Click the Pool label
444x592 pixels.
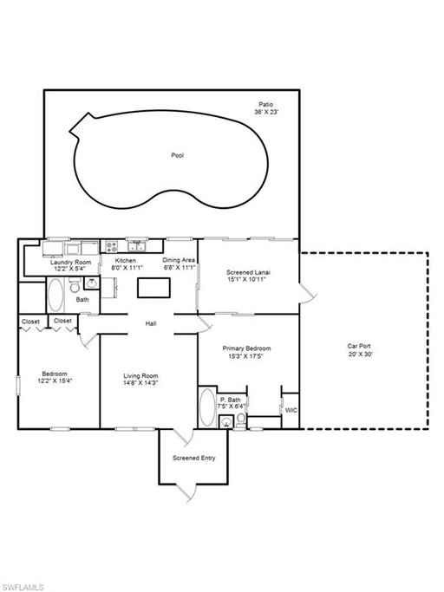tap(177, 155)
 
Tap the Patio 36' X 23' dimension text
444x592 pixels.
tap(266, 112)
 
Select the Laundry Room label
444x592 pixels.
tap(70, 262)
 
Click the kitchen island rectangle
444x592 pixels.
tap(153, 288)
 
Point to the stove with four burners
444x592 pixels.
tap(111, 247)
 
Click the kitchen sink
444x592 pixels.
tap(137, 246)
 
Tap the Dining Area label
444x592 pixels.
tap(179, 260)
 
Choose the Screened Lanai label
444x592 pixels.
tap(248, 272)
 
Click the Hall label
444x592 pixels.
tap(151, 323)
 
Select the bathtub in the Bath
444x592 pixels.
tap(55, 295)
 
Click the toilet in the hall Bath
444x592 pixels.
tap(75, 285)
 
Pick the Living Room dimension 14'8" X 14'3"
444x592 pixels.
tap(140, 382)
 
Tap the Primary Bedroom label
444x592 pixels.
tap(246, 348)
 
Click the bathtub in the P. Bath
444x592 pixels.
tap(207, 407)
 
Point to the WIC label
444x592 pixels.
tap(291, 410)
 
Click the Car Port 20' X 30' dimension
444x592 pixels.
tap(361, 355)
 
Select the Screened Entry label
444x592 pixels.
tap(194, 458)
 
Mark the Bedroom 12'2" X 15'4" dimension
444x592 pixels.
tap(55, 381)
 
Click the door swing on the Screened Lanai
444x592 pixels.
tap(308, 294)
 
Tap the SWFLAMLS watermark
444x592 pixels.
tap(22, 587)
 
